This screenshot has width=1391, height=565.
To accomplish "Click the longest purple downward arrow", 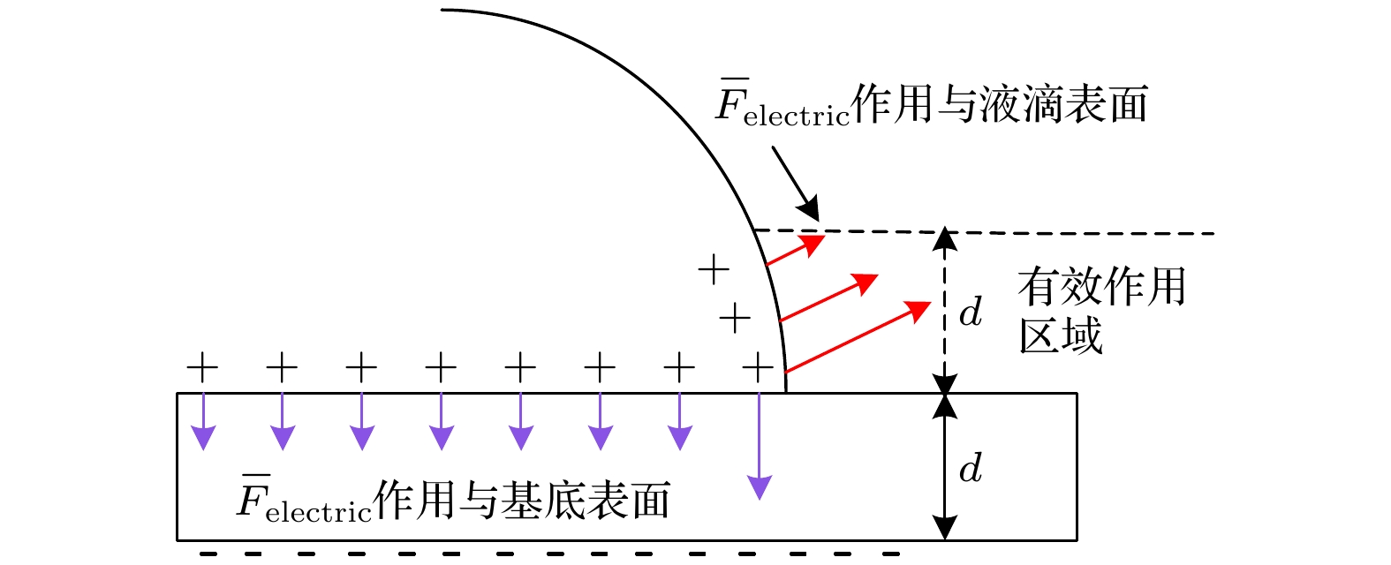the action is click(x=759, y=446).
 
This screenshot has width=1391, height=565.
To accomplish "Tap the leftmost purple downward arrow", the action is click(x=203, y=421).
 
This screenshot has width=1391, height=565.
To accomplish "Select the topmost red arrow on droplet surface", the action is click(x=796, y=250).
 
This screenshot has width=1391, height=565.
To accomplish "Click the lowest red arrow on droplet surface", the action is click(x=858, y=337).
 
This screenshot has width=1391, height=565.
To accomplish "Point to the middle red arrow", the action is click(x=829, y=298).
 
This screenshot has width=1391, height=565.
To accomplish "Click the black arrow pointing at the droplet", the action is click(x=796, y=184).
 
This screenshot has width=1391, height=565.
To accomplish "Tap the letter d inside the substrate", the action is click(x=971, y=468).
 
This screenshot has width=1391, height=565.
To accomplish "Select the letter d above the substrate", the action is click(x=971, y=311).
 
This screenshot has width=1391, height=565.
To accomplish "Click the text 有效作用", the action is click(x=1102, y=286).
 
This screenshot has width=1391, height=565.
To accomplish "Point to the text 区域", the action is click(x=1061, y=335).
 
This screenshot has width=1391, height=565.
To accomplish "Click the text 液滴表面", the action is click(x=1063, y=103).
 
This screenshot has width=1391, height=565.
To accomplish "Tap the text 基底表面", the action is click(x=586, y=500).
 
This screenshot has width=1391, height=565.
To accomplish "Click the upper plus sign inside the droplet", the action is click(x=714, y=270).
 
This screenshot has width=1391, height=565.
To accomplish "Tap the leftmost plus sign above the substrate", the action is click(x=202, y=368).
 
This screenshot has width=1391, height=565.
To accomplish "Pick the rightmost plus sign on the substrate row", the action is click(x=759, y=368).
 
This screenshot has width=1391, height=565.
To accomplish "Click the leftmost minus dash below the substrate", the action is click(x=208, y=554).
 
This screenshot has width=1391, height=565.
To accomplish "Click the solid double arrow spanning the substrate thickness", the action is click(x=944, y=467).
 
